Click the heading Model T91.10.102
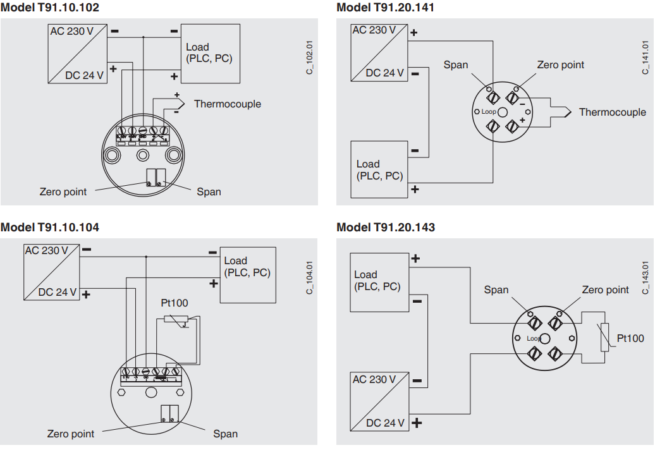(x=50, y=8)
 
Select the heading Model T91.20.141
(x=386, y=8)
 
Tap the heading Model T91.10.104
(x=50, y=227)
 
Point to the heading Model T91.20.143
(x=386, y=227)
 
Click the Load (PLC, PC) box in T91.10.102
(x=210, y=53)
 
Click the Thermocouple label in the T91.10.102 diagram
(x=227, y=104)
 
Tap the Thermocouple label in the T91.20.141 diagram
(x=612, y=112)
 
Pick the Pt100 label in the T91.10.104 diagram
(x=174, y=303)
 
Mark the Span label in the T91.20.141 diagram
(x=455, y=64)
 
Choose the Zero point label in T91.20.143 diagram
(x=605, y=289)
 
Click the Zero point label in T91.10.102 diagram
(x=63, y=192)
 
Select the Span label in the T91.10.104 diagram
(x=225, y=434)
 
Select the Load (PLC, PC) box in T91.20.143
(x=379, y=281)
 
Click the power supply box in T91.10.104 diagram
(x=51, y=272)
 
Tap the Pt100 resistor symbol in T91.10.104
(x=176, y=319)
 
